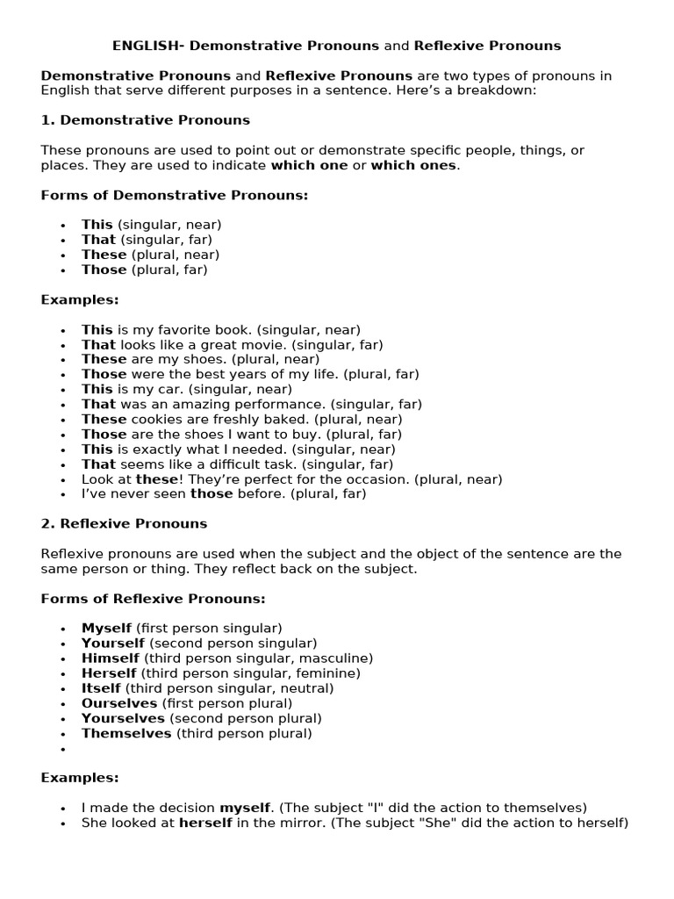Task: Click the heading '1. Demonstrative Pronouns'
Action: click(x=146, y=120)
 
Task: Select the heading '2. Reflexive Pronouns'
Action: click(x=124, y=523)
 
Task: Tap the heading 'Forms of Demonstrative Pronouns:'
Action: click(x=175, y=195)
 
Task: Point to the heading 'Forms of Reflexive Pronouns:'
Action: click(x=153, y=599)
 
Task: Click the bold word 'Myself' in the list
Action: click(x=106, y=629)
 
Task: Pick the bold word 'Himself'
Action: click(x=111, y=658)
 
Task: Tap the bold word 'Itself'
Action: click(x=101, y=688)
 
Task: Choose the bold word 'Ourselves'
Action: click(x=119, y=703)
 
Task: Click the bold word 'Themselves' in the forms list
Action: click(x=126, y=733)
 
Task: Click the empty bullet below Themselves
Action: click(x=63, y=749)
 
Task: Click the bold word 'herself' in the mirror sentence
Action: click(x=206, y=823)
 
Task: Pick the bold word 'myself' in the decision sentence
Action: click(x=246, y=808)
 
